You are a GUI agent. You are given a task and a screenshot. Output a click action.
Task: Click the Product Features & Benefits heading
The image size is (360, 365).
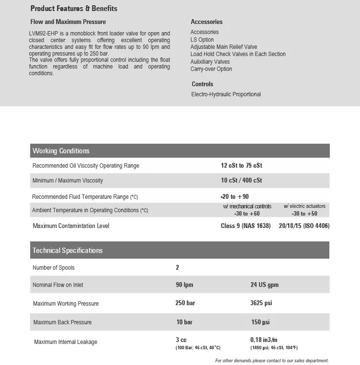point(74,9)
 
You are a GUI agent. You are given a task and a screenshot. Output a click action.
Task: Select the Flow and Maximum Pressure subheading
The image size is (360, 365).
point(68,22)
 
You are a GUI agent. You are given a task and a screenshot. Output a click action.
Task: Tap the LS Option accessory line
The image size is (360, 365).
point(202,40)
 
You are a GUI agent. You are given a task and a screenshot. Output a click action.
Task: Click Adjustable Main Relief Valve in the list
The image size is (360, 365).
point(224,47)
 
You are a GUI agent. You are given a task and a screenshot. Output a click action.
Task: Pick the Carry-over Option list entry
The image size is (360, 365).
point(211,69)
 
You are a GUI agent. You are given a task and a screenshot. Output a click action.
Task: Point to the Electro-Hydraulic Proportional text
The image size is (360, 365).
point(226,94)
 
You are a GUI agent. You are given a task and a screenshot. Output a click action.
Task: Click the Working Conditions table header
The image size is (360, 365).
point(61,151)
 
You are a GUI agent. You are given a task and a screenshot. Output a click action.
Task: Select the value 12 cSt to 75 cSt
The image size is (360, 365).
point(242,166)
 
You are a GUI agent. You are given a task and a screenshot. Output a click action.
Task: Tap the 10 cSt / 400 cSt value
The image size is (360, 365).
point(241,181)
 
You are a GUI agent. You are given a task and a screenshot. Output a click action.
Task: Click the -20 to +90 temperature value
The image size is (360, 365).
point(235,196)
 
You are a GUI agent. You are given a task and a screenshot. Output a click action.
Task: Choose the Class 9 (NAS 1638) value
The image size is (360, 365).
point(246,226)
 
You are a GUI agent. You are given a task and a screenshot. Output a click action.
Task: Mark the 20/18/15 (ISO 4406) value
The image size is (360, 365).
point(304,226)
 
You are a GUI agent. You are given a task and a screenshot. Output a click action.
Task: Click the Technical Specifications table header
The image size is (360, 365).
point(67,251)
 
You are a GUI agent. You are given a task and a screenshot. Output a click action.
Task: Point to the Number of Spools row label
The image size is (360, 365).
point(54,268)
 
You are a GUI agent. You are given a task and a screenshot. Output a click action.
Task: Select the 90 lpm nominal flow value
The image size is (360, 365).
point(184,285)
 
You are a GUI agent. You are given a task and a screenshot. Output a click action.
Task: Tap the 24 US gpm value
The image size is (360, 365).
point(264,285)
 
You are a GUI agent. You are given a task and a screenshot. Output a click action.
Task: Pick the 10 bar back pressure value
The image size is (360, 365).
point(185,322)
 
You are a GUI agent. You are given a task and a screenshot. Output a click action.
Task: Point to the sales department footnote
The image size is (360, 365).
point(272,361)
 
